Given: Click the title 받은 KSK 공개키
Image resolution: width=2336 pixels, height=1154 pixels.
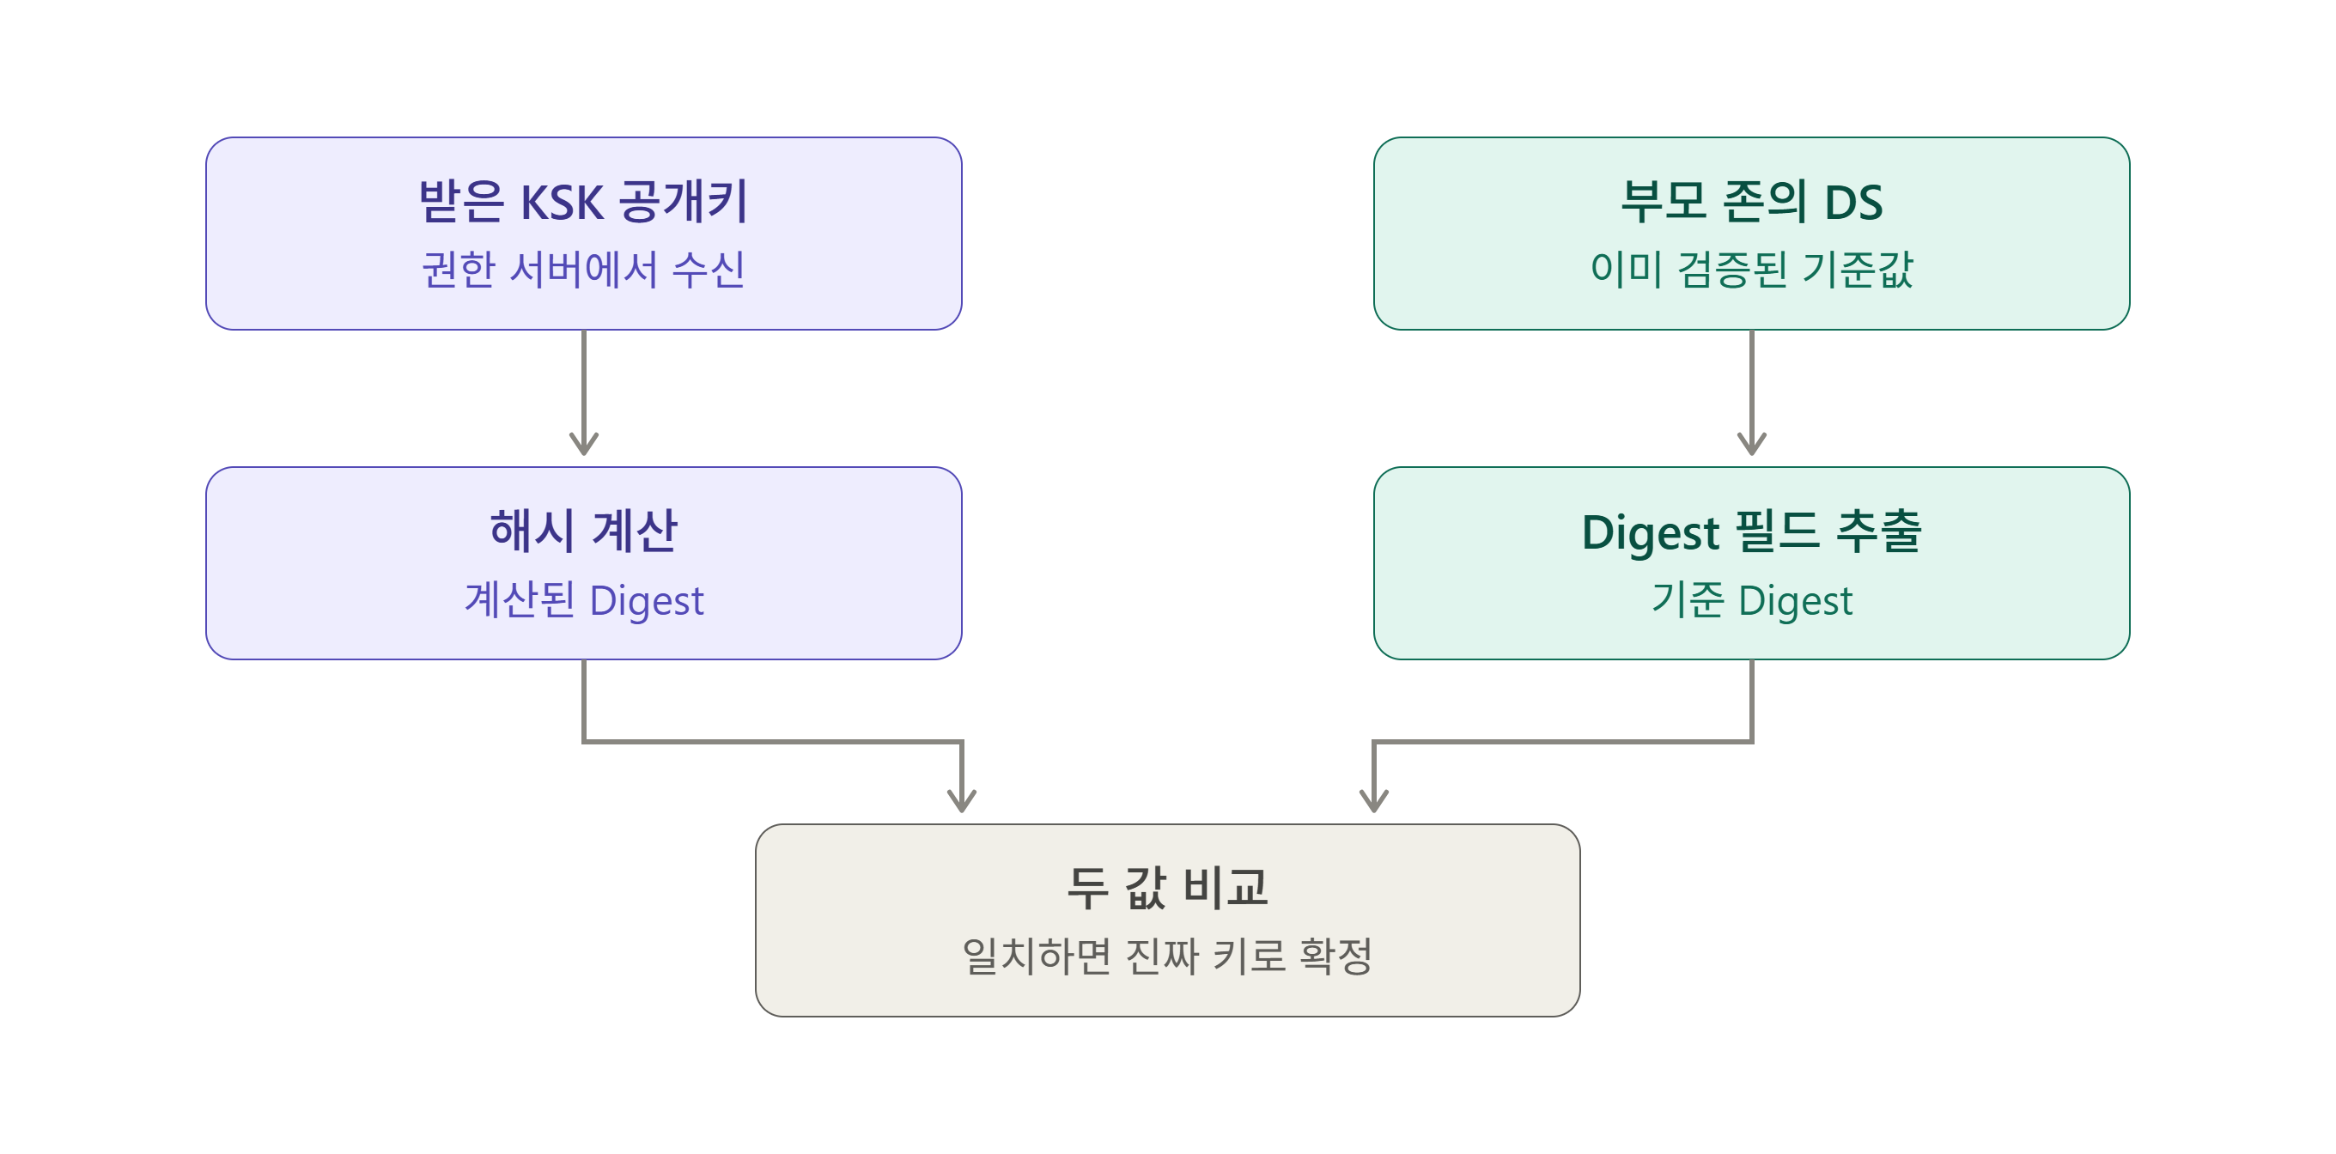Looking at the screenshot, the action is (x=583, y=201).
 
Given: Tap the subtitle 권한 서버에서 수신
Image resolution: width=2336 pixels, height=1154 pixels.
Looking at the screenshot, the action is (x=583, y=270).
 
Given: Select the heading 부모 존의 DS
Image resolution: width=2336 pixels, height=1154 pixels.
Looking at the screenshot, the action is (x=1751, y=201).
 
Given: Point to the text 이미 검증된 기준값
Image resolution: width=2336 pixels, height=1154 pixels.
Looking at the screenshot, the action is (x=1751, y=270).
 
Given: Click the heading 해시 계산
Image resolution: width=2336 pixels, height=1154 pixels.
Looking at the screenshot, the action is (x=583, y=531).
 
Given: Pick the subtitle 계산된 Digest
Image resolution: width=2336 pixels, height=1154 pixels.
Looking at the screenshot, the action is (x=583, y=600).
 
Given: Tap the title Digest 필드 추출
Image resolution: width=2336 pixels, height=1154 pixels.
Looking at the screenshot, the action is (x=1751, y=531).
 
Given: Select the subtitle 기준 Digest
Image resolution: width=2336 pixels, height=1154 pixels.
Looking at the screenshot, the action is (x=1751, y=600).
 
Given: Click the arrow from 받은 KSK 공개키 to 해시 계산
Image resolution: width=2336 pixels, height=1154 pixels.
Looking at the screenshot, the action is (x=584, y=392).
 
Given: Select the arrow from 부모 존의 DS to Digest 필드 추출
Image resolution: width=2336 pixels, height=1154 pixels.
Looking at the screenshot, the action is (x=1752, y=392).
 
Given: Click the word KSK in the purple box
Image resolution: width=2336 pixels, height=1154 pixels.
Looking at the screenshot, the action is (x=562, y=202).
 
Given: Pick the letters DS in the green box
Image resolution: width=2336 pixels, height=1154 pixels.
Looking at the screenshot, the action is (x=1853, y=202).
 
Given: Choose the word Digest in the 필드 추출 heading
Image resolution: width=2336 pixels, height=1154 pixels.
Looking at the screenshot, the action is (x=1651, y=533).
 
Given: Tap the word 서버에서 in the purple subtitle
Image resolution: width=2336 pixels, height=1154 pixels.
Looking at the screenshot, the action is (x=583, y=270).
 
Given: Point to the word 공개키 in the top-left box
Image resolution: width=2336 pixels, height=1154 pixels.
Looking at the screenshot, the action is (x=684, y=201).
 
